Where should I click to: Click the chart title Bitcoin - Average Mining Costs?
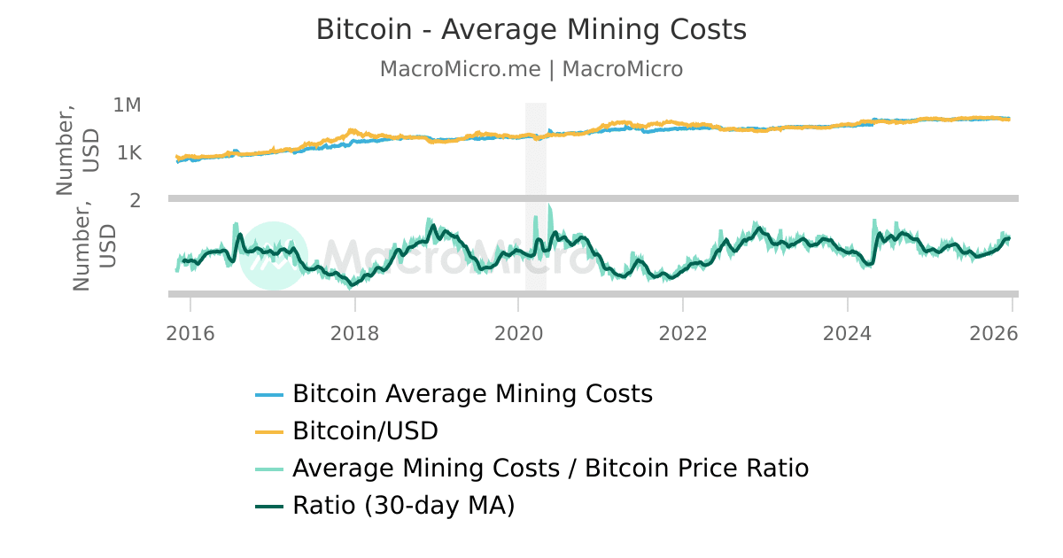point(531,30)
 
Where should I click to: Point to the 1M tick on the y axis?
point(128,105)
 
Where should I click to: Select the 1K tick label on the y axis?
point(128,153)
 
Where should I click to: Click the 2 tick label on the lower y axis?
point(136,200)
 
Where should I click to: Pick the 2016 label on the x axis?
point(190,333)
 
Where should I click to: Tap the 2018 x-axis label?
point(354,333)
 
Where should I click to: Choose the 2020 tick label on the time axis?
point(518,333)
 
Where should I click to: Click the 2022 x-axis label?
point(683,333)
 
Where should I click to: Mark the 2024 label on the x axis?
point(848,333)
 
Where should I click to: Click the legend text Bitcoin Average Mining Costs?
point(472,393)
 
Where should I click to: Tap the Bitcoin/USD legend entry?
point(365,431)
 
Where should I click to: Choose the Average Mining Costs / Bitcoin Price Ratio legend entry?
point(550,468)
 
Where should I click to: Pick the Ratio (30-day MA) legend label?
point(403,506)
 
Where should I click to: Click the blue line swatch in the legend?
point(269,394)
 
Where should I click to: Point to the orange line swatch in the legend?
point(269,432)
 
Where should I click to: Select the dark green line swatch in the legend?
point(269,507)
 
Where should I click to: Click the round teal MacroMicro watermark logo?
point(274,255)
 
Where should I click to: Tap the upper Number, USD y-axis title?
point(77,151)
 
